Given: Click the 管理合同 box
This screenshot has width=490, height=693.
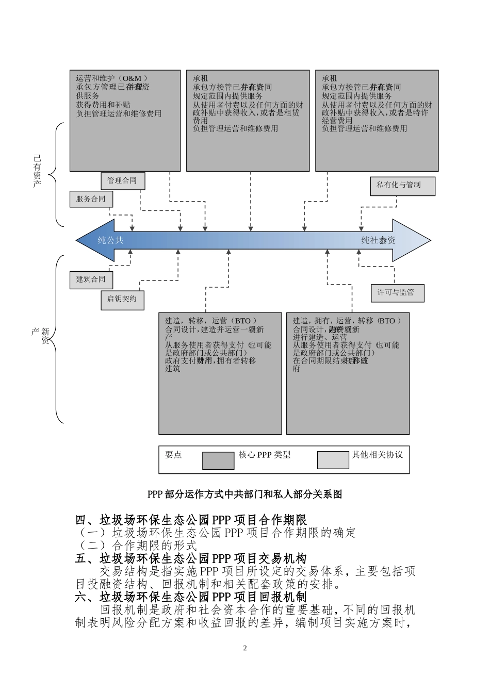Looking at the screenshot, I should [122, 180].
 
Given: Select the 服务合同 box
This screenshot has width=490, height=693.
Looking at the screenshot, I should [91, 199].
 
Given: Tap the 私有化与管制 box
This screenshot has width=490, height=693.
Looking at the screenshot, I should [402, 186].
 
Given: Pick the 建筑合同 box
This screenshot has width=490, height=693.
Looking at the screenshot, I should [91, 279].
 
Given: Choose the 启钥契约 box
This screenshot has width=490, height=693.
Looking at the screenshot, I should [122, 299].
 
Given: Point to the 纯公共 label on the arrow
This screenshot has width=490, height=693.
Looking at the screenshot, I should [111, 240].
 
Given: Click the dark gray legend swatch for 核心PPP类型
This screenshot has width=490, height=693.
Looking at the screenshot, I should [218, 460].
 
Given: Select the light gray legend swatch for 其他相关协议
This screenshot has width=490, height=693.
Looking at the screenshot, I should [333, 460].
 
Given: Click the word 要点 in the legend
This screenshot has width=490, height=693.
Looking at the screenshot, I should [173, 455].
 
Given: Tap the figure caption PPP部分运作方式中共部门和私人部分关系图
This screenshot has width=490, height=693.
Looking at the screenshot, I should [245, 494].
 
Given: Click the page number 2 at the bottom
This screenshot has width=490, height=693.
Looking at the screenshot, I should [245, 648].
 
